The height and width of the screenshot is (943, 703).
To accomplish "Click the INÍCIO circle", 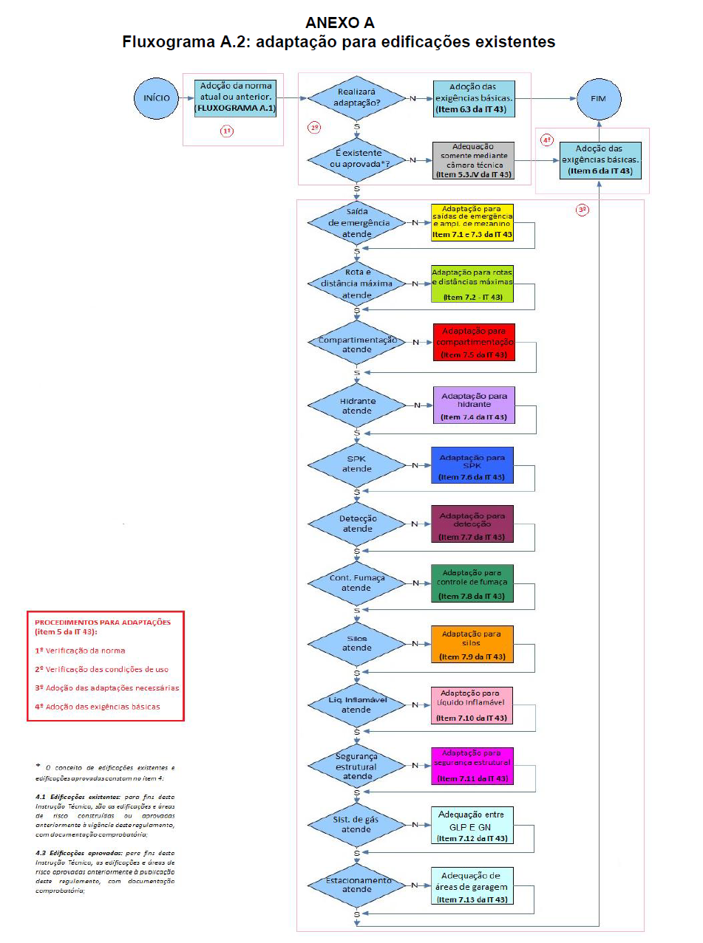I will (157, 97).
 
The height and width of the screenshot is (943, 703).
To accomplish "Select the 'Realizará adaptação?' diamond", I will (357, 97).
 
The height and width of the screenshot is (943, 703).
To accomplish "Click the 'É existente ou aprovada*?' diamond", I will (357, 160).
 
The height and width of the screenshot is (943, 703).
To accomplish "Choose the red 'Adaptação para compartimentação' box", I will (474, 342).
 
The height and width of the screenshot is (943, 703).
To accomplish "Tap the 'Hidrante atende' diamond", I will (357, 405).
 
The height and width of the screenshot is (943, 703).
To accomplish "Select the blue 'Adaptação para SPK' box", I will (472, 466).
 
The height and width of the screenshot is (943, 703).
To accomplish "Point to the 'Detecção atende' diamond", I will (357, 524).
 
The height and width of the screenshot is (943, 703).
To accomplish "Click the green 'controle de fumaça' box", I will (472, 583).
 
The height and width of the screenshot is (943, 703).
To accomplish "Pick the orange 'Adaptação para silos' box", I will (472, 645).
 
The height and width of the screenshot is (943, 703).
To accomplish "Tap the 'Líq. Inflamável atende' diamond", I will (357, 705).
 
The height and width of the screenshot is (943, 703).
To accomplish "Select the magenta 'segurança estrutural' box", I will (472, 766).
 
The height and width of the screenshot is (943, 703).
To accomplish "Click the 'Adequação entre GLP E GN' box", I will (473, 826).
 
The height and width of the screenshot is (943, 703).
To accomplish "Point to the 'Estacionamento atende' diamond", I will (357, 885).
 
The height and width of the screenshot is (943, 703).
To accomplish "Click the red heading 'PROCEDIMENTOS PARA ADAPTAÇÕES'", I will (103, 622).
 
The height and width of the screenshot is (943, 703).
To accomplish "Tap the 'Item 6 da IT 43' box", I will (600, 160).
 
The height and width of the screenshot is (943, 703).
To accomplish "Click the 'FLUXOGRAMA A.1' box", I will (235, 97).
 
